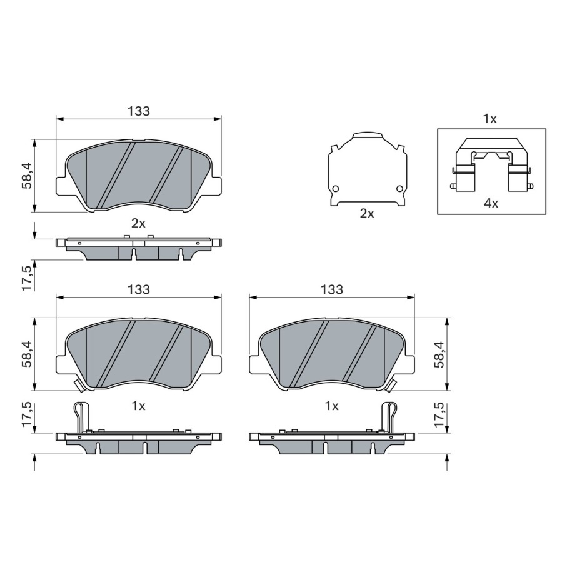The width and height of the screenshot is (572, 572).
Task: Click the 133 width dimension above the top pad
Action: pyautogui.click(x=139, y=111)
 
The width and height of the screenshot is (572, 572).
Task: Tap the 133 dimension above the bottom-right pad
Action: pyautogui.click(x=332, y=289)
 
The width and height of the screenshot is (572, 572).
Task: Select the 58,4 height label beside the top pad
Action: pyautogui.click(x=28, y=176)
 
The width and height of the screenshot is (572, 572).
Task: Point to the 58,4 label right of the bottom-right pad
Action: pyautogui.click(x=439, y=354)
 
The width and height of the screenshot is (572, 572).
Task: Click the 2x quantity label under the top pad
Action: pyautogui.click(x=138, y=223)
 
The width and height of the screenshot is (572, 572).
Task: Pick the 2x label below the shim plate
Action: pyautogui.click(x=367, y=213)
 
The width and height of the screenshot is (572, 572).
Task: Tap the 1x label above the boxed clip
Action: pyautogui.click(x=489, y=119)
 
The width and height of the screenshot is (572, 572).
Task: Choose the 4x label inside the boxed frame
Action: pyautogui.click(x=491, y=203)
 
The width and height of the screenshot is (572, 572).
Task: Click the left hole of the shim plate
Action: pyautogui.click(x=336, y=189)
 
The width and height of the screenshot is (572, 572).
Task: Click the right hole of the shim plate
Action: pyautogui.click(x=400, y=189)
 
